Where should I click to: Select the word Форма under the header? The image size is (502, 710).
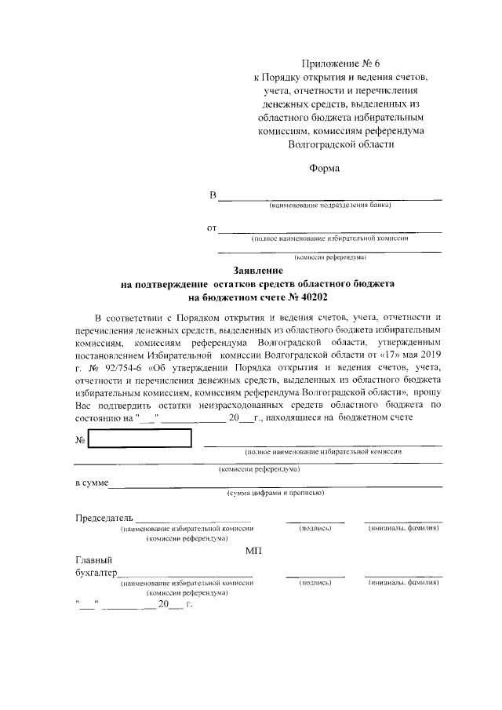tap(325, 168)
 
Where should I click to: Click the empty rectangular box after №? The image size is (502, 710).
tap(140, 439)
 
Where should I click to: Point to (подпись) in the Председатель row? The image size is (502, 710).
tap(315, 529)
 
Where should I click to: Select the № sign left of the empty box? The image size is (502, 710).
tap(80, 439)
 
